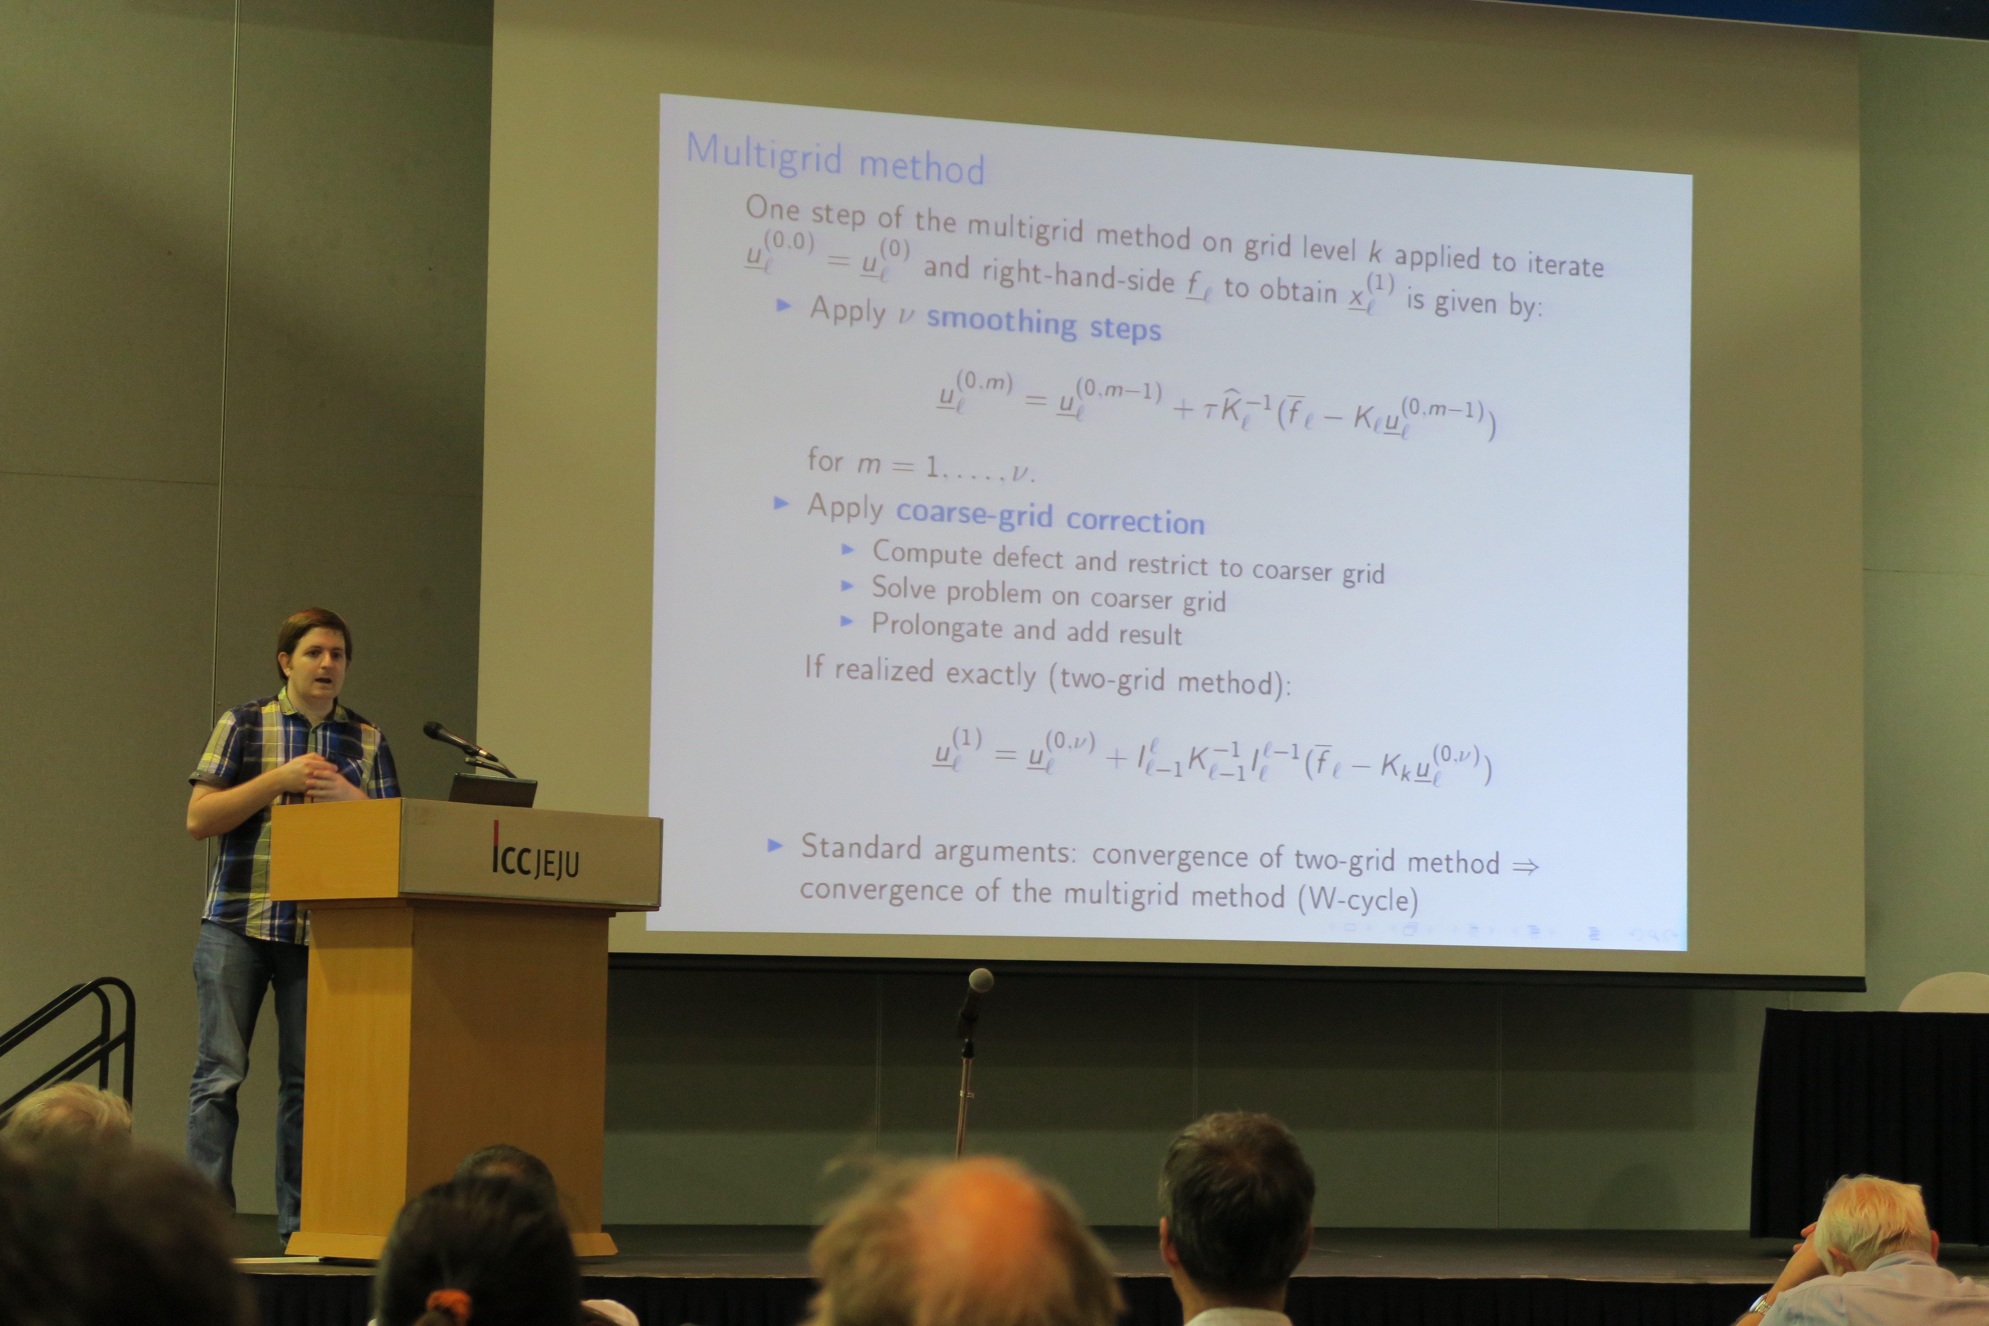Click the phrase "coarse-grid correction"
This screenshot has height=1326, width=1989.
tap(1049, 517)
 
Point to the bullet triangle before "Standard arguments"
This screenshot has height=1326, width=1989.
tap(774, 845)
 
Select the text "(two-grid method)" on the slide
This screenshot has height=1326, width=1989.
tap(1170, 681)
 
